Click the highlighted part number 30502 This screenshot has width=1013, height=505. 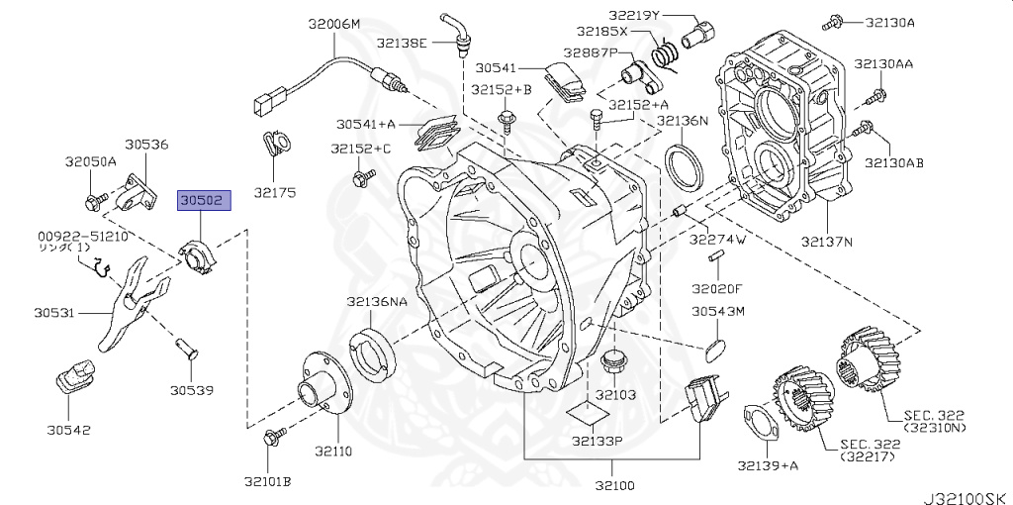pos(204,201)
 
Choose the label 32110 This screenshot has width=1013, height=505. pos(334,450)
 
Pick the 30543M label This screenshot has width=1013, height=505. pos(717,312)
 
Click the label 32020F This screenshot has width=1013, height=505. pos(717,289)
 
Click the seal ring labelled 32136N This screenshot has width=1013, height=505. pos(683,167)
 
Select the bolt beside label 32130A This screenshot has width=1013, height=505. pos(835,21)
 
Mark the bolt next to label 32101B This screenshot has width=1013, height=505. pos(274,435)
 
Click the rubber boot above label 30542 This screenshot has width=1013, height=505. pos(74,376)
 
